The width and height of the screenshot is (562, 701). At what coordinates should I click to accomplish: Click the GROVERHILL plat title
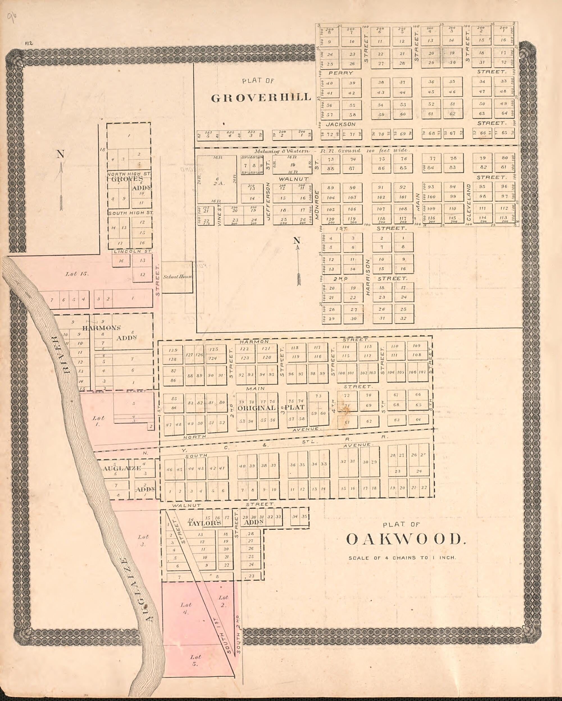coord(261,97)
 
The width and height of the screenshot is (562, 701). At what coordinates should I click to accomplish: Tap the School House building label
coord(178,277)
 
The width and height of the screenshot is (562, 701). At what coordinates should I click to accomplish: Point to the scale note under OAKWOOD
coord(402,558)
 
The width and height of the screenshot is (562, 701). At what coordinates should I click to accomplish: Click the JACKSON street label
coord(340,124)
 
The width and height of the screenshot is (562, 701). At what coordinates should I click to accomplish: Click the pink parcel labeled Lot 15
coord(77,274)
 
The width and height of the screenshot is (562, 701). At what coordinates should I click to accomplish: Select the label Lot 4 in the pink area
coord(186,608)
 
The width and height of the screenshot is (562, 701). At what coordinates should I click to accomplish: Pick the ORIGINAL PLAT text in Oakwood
coord(271,408)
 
